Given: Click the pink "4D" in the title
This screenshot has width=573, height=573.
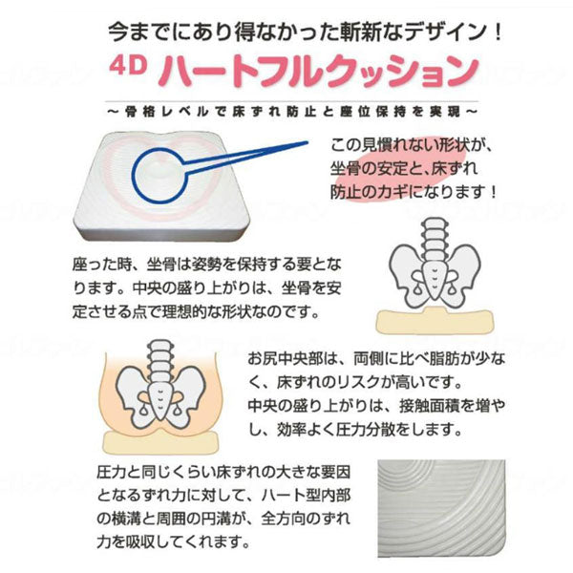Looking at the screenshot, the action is [128, 66].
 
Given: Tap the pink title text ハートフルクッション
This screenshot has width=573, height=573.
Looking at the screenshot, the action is [318, 72].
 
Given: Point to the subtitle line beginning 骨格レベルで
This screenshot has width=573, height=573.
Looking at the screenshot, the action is [292, 112].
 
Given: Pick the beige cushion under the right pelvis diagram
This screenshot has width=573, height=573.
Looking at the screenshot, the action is [435, 321].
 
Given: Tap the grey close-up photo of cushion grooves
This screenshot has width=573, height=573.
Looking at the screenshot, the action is [441, 509].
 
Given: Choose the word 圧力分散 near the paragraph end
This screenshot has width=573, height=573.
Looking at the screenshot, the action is [366, 430].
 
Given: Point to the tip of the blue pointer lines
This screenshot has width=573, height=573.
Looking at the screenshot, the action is [308, 142].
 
